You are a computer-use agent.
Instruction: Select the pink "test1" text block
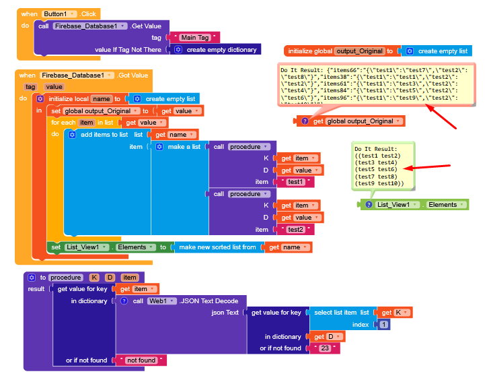(295, 182)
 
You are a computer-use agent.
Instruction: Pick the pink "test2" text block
(295, 229)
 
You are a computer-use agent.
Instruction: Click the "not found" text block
(141, 360)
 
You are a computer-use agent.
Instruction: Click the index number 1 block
(383, 325)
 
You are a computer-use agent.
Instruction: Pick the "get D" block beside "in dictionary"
(326, 336)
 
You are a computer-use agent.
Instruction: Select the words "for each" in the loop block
(63, 122)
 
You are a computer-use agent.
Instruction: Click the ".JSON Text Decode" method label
(209, 300)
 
